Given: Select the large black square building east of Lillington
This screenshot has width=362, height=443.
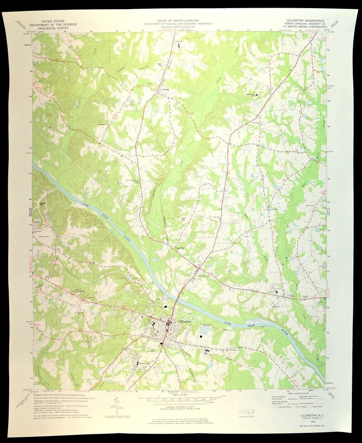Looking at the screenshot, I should click(201, 336).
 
